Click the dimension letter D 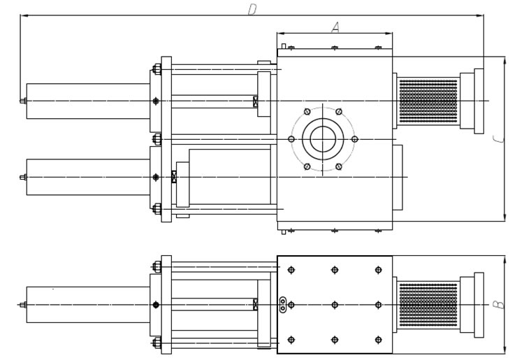(x=252, y=9)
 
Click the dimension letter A (x=335, y=27)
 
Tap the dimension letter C (x=499, y=139)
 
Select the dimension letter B (x=499, y=305)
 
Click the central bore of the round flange (x=323, y=139)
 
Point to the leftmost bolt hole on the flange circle (x=291, y=139)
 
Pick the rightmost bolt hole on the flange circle (x=354, y=139)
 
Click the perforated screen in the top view (x=428, y=101)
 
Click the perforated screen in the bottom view (x=428, y=305)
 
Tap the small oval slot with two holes (x=283, y=305)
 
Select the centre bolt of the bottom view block (x=335, y=305)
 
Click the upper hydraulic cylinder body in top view (x=88, y=101)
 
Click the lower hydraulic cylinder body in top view (x=88, y=177)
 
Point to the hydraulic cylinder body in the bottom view (x=88, y=305)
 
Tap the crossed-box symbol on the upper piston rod (x=255, y=101)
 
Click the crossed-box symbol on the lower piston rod (x=174, y=177)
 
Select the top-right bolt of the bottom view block (x=378, y=270)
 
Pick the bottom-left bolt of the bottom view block (x=291, y=340)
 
